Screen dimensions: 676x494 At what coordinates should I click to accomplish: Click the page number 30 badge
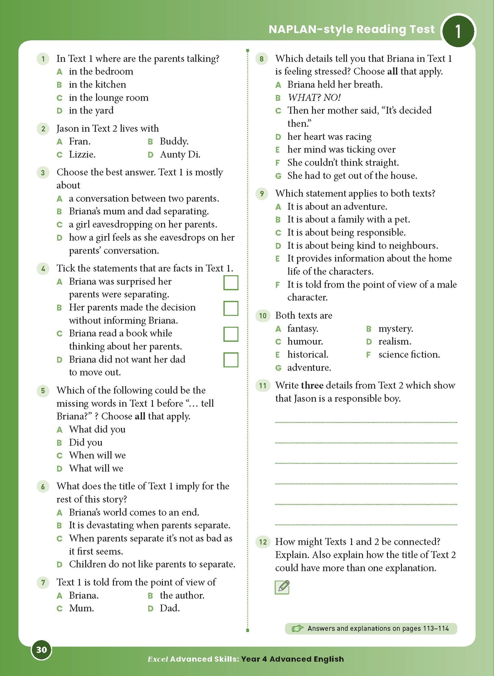click(41, 650)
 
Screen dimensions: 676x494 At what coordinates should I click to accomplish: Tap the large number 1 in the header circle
click(458, 31)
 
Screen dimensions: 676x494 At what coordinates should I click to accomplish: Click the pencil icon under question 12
click(282, 587)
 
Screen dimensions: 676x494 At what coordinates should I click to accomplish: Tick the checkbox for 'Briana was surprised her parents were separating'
click(231, 283)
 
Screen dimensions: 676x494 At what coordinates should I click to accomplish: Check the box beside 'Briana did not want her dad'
click(231, 360)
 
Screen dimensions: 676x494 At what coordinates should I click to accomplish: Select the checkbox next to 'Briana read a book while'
click(231, 334)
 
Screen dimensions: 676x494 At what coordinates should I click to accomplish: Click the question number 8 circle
click(262, 59)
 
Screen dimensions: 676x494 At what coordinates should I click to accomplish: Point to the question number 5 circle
click(43, 390)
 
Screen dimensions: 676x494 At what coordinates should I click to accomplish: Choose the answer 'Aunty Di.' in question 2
click(180, 155)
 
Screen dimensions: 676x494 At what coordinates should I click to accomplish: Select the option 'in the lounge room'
click(108, 98)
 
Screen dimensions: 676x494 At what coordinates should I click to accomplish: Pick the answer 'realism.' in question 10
click(395, 341)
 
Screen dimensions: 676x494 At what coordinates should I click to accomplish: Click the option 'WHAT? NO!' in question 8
click(314, 98)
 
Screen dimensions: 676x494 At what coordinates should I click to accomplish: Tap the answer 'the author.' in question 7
click(182, 595)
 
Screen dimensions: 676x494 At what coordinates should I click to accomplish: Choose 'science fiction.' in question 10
click(409, 355)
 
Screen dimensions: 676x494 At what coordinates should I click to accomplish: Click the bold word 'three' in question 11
click(312, 385)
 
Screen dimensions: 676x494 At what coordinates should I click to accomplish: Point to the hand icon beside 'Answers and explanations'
click(297, 628)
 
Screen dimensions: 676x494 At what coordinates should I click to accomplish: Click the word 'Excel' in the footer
click(158, 659)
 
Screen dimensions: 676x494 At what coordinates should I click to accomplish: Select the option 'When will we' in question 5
click(97, 455)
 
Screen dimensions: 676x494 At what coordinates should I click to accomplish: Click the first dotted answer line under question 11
click(366, 422)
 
